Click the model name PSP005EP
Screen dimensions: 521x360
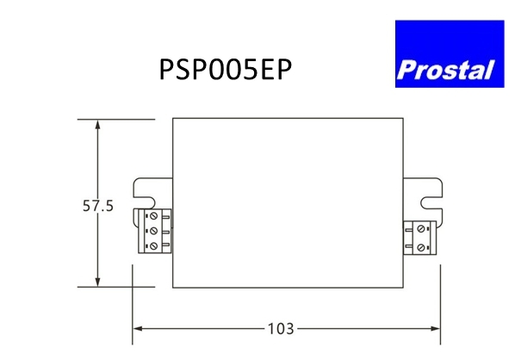(x=226, y=70)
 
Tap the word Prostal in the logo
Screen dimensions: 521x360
(x=445, y=70)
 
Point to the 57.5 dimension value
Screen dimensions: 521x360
(x=98, y=206)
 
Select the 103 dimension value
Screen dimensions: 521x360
(x=281, y=329)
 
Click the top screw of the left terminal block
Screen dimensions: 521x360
(x=153, y=216)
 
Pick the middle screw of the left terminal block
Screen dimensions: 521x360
(x=153, y=231)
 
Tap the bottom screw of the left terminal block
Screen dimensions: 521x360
(x=153, y=246)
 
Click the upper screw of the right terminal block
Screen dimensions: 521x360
(x=420, y=229)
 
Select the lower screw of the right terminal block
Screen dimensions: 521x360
(x=420, y=247)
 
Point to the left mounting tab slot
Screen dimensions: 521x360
(x=145, y=202)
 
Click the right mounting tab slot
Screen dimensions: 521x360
(x=431, y=202)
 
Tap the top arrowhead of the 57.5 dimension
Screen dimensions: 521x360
(x=97, y=126)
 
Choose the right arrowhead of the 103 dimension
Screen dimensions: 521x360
(x=434, y=329)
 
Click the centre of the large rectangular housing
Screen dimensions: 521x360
(x=288, y=202)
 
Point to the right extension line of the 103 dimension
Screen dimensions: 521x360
(x=441, y=305)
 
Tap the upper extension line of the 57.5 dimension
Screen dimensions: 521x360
(x=116, y=119)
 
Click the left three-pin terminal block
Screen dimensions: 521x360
(x=155, y=231)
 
